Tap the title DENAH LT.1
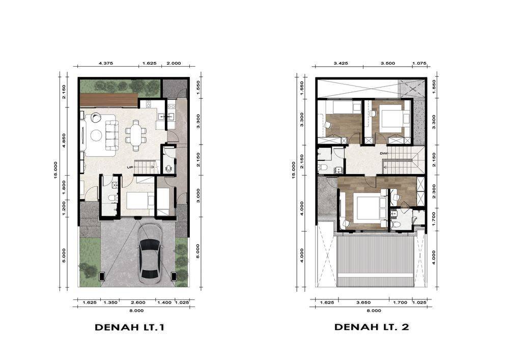coord(129,327)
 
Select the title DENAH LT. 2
coord(372,327)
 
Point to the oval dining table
coord(136,135)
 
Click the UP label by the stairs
coord(130,168)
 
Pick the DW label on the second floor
coord(383,153)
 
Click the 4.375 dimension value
coord(106,63)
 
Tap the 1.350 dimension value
coord(110,302)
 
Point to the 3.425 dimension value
coord(341,63)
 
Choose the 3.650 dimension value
coord(363,302)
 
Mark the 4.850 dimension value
coord(64,140)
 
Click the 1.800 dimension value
coord(64,187)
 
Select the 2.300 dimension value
coord(434,191)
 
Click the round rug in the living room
coord(96,135)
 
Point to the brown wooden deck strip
coord(109,100)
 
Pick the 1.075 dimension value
coord(419,63)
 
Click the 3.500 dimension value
coord(388,63)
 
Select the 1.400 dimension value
coord(164,302)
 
